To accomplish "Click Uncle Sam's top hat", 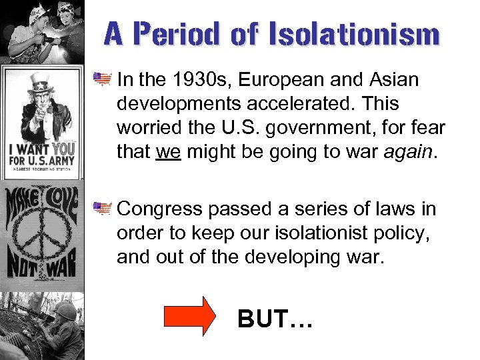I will coord(41,81).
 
